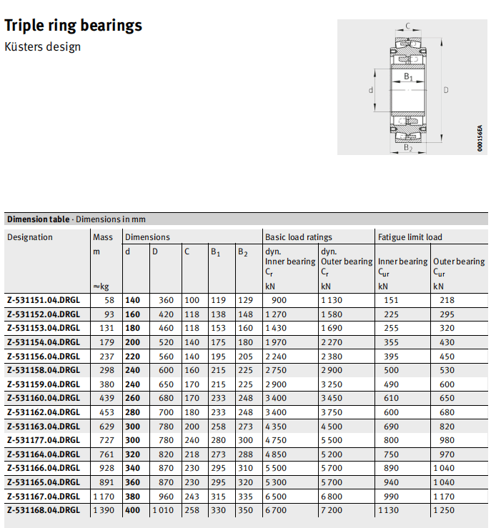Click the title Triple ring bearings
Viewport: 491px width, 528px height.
point(74,26)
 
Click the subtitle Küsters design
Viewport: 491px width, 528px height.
point(43,47)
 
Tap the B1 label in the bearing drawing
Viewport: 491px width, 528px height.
point(408,76)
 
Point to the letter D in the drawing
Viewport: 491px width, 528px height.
point(446,90)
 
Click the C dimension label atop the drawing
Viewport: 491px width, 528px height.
point(407,26)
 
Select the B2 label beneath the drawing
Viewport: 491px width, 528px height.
point(408,148)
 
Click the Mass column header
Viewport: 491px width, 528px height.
point(103,237)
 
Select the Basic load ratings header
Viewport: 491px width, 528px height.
point(299,237)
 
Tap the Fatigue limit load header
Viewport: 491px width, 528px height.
point(410,237)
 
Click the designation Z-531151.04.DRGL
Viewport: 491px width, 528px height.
point(43,301)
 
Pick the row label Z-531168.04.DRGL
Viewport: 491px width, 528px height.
point(43,511)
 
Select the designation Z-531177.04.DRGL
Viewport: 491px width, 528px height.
point(43,441)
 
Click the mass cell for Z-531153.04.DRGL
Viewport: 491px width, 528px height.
point(107,329)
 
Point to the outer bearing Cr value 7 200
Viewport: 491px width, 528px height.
point(333,511)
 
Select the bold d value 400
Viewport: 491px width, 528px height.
point(132,511)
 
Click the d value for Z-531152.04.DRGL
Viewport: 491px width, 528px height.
point(132,314)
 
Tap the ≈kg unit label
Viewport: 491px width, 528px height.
point(101,287)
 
